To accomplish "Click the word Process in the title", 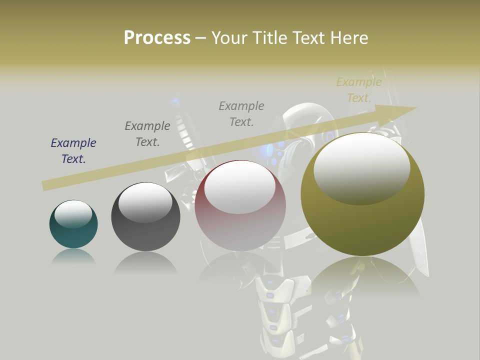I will (157, 38).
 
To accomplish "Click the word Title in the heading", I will (268, 38).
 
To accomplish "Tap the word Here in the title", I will (349, 38).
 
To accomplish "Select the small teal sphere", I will (73, 224).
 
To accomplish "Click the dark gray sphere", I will (145, 216).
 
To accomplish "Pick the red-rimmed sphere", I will (240, 205).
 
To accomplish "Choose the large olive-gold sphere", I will (362, 194).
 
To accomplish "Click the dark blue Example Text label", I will (73, 151).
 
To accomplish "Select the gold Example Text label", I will (359, 90).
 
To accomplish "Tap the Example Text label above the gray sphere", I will (147, 134).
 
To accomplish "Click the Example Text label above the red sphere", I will (241, 113).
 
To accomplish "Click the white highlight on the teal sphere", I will (73, 214).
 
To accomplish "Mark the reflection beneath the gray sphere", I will (145, 263).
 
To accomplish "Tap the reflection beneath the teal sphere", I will (73, 257).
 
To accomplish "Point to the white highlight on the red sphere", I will (239, 187).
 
